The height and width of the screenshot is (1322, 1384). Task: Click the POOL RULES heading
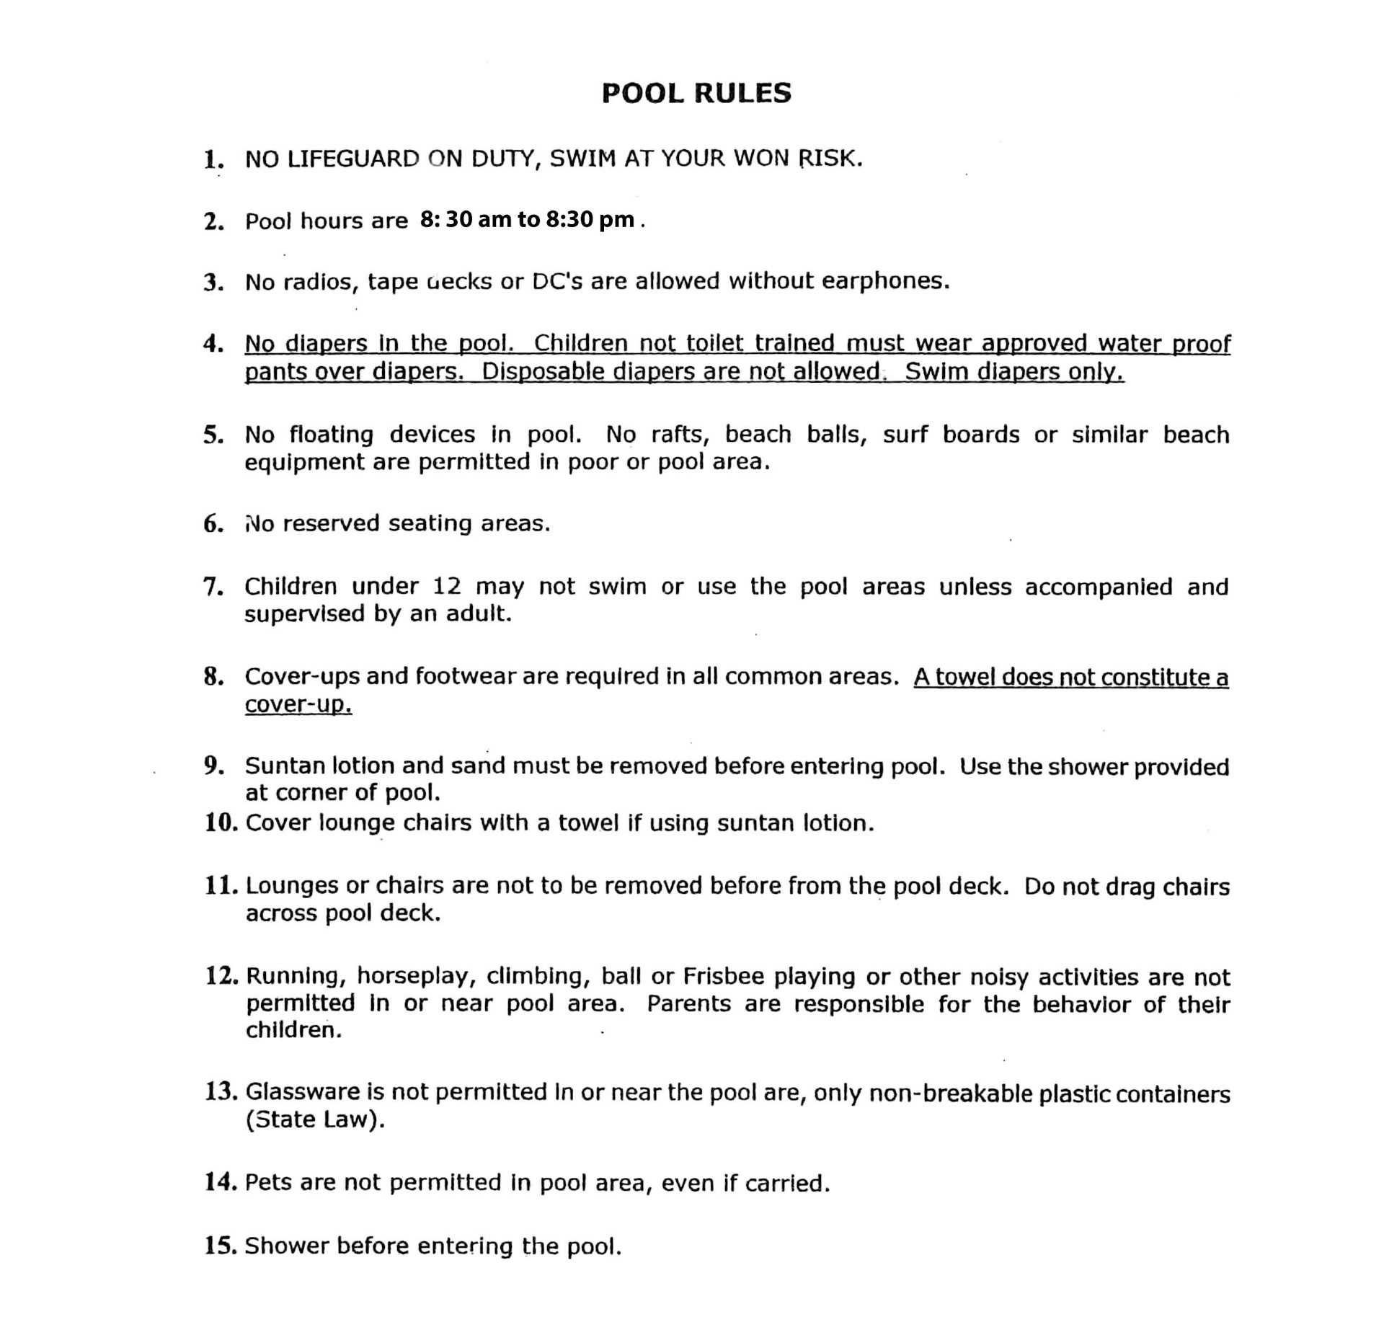(696, 93)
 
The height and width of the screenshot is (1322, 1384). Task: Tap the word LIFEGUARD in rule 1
(353, 159)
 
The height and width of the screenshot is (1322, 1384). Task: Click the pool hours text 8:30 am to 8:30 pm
(527, 219)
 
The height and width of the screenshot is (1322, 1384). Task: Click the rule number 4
(213, 344)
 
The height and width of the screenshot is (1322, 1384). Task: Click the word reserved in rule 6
(331, 523)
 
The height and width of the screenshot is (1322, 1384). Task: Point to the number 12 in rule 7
(447, 586)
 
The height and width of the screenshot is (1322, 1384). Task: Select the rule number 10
(220, 822)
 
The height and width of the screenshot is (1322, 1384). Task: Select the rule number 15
(220, 1246)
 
